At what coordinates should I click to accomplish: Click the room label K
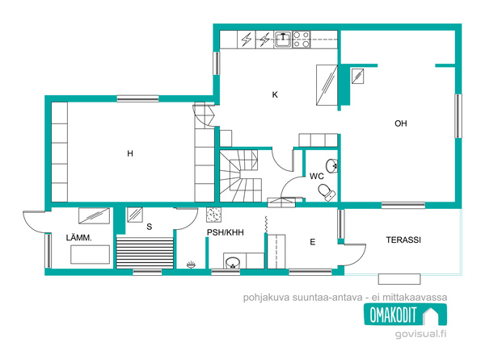275,94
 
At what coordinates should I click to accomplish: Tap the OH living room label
401,123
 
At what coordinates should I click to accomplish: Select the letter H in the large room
130,153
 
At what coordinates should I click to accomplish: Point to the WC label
316,176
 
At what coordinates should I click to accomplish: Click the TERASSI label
403,240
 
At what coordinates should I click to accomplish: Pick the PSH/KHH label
226,232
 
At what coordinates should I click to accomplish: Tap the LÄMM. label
79,237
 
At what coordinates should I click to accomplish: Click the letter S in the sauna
149,227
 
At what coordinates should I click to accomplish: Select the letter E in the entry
312,242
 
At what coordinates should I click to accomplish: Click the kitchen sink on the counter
283,40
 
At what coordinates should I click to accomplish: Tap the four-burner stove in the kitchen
302,40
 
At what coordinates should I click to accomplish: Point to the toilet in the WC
327,192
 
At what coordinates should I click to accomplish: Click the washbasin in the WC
332,165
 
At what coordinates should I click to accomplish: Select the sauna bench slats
145,252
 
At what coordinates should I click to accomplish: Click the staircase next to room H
241,176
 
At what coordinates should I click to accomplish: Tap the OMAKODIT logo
405,315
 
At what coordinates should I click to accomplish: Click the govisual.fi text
420,334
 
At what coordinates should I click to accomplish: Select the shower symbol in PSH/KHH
191,265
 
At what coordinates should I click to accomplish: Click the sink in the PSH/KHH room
233,262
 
